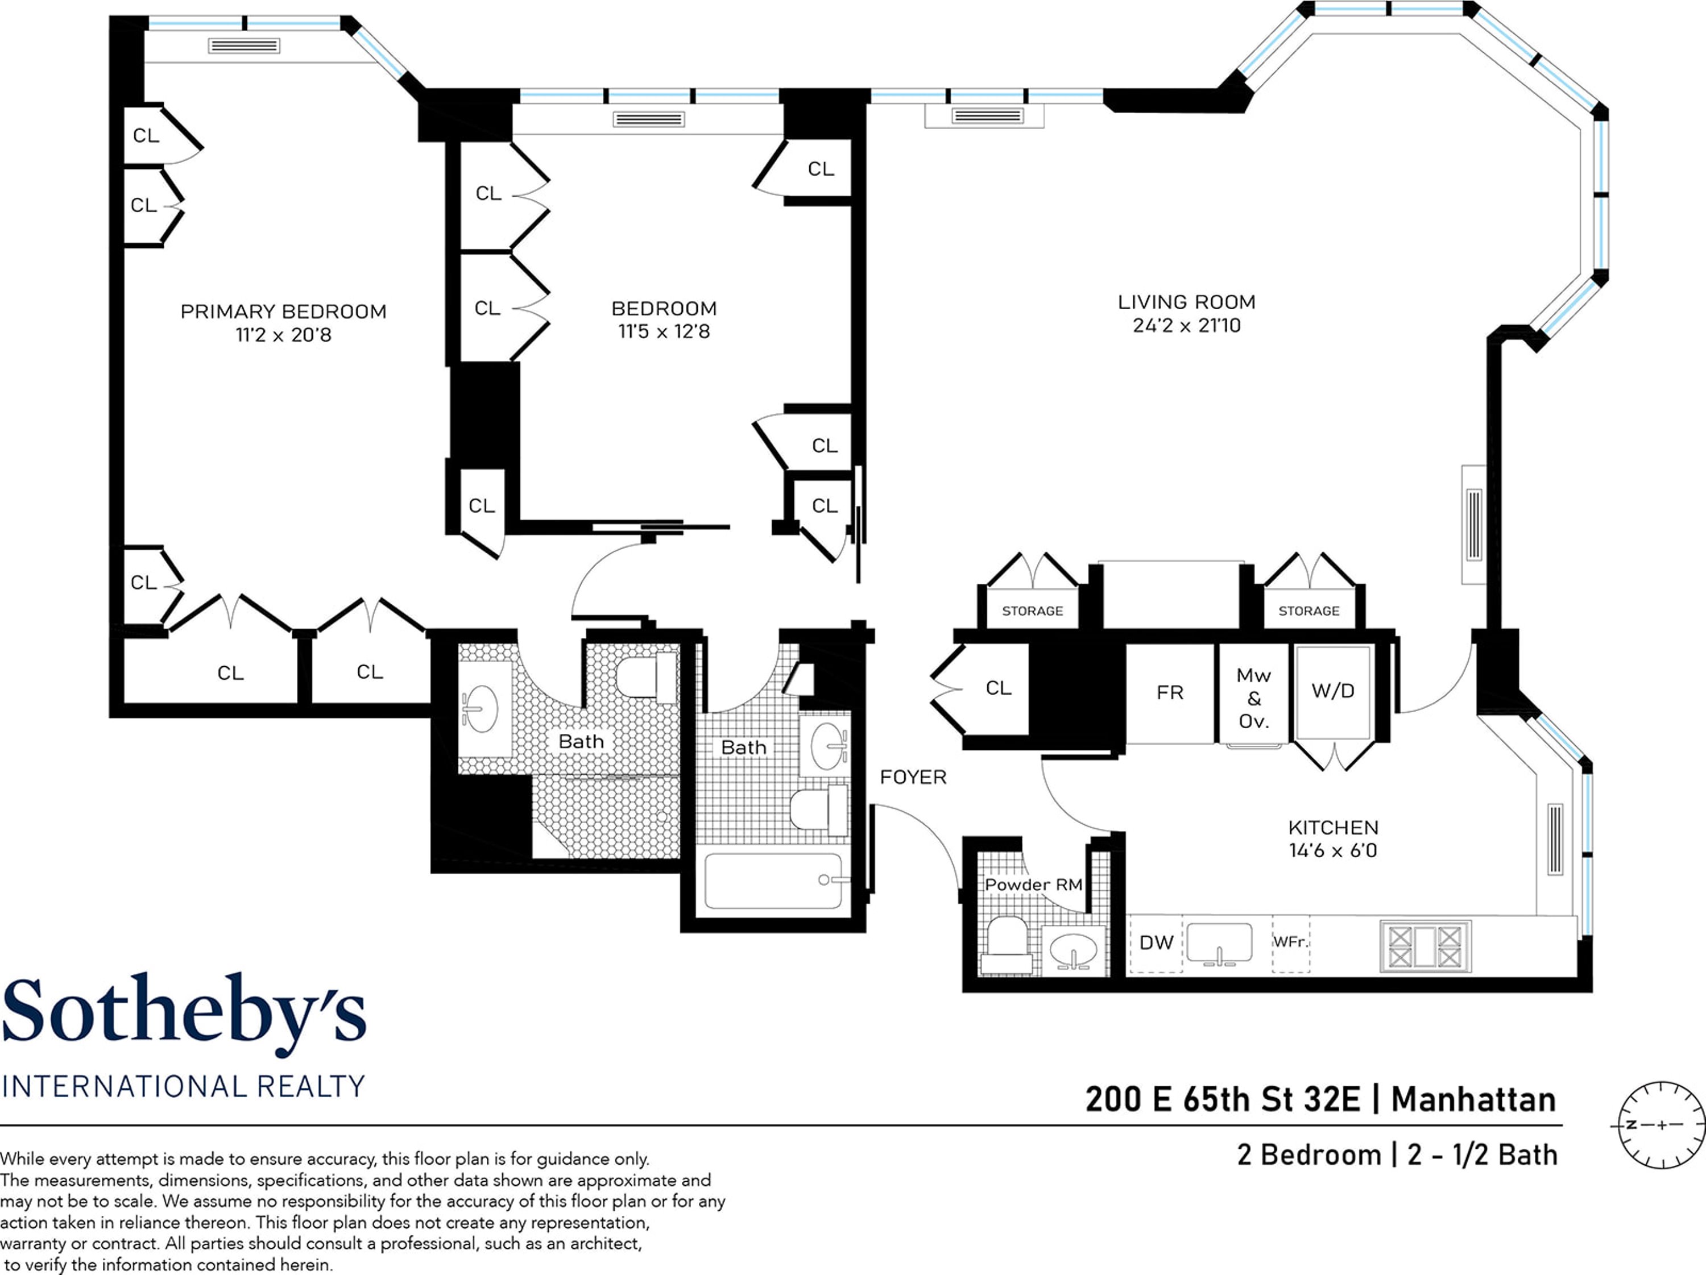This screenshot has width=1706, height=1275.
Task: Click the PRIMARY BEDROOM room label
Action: [x=283, y=312]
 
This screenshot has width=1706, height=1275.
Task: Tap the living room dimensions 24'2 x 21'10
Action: [x=1186, y=325]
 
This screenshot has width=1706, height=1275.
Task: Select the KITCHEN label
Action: [x=1333, y=827]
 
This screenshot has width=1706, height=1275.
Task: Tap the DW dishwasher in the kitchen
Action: [x=1156, y=943]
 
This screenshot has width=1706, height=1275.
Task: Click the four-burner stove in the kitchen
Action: [x=1425, y=946]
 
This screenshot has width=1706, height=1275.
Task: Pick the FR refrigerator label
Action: [x=1169, y=693]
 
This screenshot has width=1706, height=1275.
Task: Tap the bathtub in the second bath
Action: [x=773, y=881]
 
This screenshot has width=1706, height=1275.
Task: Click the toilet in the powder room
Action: [x=1007, y=944]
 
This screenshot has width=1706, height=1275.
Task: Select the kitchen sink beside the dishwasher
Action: [x=1219, y=943]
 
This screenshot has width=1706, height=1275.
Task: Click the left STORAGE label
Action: [x=1032, y=611]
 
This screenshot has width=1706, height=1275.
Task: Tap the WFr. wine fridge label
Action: [x=1290, y=941]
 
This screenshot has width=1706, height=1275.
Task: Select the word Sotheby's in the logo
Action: [x=184, y=1013]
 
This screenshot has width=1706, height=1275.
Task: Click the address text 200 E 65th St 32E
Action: [x=1223, y=1100]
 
